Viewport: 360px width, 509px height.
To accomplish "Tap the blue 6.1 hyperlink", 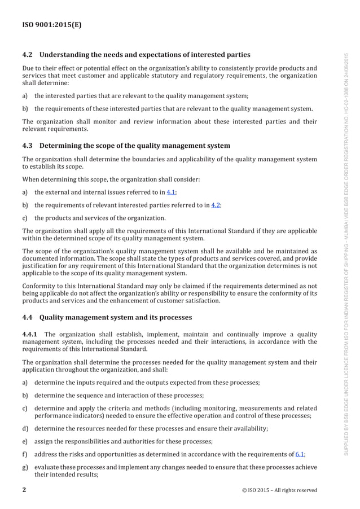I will (x=300, y=454).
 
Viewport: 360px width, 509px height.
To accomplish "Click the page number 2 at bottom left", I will (x=24, y=490).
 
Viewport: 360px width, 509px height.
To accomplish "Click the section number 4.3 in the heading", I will (x=28, y=146).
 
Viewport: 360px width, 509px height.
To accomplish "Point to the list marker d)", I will (x=25, y=428).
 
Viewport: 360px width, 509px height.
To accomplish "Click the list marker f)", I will (x=25, y=454).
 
